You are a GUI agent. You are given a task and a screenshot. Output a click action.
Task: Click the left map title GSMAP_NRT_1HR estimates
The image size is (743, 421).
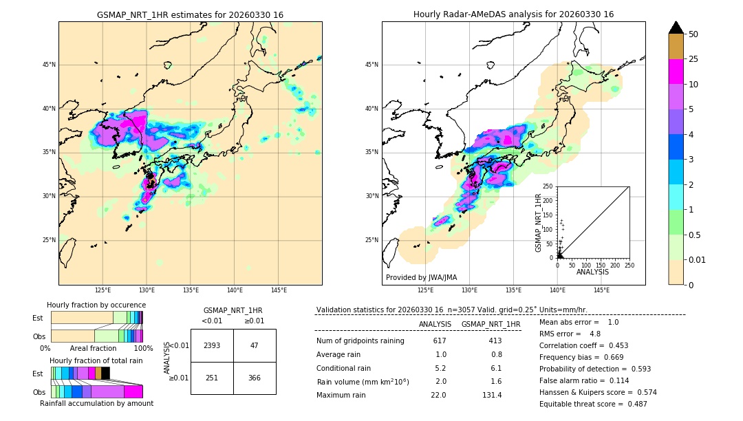190,14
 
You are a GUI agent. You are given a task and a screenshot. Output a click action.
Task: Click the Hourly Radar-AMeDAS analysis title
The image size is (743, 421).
513,14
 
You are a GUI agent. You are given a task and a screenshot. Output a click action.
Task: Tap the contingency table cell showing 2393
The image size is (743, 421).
212,345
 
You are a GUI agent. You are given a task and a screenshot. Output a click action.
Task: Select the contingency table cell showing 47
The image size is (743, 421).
255,345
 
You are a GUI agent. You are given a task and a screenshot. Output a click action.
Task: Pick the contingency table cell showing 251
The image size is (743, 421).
212,377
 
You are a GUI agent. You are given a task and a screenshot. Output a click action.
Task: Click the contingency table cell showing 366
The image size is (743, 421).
255,377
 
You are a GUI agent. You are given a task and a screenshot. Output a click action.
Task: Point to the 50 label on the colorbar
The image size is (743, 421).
693,34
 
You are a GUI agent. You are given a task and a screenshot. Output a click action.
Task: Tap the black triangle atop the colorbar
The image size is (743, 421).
676,28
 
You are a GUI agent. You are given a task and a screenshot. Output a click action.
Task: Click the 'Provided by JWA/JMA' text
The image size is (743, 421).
421,278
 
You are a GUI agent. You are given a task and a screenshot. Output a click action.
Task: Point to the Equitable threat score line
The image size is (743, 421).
593,404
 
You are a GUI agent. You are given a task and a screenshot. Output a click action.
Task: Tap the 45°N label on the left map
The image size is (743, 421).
49,65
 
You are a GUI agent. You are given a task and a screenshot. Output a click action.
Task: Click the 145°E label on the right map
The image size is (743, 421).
602,290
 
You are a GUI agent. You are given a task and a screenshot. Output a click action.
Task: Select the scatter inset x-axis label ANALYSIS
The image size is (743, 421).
593,272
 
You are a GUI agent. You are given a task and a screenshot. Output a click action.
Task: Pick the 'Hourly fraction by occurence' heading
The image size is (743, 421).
96,305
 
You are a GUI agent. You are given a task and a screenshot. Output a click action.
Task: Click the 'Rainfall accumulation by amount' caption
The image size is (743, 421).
96,403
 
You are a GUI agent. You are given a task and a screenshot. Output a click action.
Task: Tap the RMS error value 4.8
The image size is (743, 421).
595,334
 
